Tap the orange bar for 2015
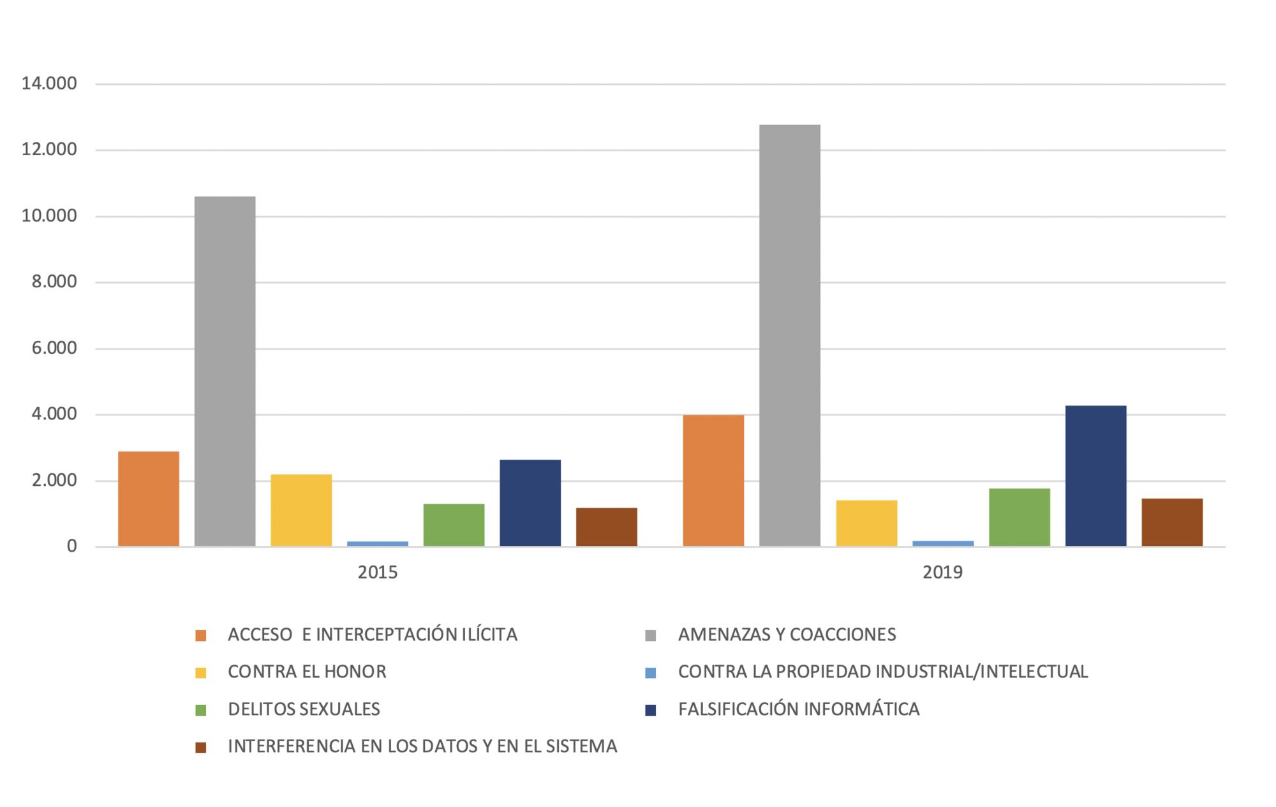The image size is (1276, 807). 149,499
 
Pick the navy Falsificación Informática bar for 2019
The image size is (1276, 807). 1095,476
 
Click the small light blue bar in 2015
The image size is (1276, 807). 378,543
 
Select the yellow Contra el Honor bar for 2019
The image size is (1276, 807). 866,523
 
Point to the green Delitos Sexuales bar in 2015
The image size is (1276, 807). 454,525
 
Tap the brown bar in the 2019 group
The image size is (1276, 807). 1172,522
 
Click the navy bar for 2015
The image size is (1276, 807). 530,502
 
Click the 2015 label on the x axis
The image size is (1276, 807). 378,572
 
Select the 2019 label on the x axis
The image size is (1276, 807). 942,572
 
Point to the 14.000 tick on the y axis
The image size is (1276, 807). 49,84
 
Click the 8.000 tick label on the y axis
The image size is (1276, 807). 54,282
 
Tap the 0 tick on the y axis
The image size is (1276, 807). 71,547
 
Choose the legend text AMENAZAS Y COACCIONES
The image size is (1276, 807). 787,635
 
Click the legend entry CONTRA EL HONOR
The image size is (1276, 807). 307,672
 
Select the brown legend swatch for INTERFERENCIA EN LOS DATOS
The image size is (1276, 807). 201,747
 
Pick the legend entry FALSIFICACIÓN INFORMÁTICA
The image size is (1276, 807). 799,709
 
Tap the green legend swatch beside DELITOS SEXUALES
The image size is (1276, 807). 201,710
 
